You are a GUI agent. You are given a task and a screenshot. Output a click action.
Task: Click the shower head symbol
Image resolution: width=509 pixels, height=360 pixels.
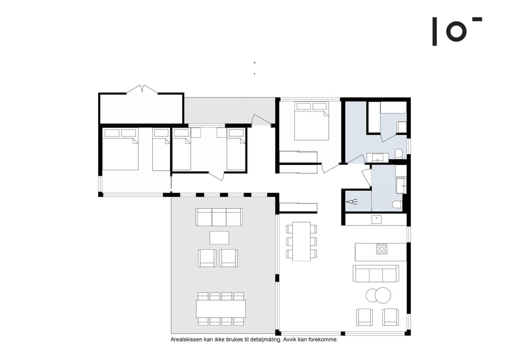click(352, 202)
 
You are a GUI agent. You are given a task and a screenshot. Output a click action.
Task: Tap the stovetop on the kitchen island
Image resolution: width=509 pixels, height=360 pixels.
click(382, 249)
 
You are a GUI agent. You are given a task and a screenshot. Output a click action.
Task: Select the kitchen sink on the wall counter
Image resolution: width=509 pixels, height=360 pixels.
click(376, 219)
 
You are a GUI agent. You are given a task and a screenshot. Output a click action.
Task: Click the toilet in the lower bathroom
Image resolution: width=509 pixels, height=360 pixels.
click(397, 205)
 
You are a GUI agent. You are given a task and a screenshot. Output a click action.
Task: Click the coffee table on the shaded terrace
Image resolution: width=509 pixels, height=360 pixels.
click(219, 237)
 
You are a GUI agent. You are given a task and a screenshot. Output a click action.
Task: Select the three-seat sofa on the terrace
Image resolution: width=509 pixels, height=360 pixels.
click(219, 217)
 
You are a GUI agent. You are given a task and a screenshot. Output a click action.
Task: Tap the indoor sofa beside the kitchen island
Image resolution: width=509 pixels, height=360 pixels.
click(375, 274)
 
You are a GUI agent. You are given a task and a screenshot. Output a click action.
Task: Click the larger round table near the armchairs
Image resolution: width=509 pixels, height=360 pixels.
click(382, 295)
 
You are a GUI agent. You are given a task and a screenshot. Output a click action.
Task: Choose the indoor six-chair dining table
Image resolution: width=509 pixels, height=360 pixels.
click(301, 241)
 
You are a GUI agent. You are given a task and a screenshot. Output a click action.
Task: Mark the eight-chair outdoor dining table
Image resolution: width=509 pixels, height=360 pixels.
click(221, 309)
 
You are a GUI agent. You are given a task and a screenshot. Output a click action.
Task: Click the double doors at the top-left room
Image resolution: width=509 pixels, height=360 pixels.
click(142, 89)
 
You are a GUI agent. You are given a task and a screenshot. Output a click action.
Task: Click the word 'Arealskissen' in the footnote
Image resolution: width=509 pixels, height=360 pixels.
click(186, 339)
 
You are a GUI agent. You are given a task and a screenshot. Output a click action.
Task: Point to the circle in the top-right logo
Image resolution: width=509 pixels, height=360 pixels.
click(456, 31)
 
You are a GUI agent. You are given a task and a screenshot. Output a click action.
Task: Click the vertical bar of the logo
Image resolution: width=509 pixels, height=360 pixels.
click(435, 31)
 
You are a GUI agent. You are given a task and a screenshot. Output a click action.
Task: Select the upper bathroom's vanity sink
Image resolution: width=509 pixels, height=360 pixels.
click(378, 157)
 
